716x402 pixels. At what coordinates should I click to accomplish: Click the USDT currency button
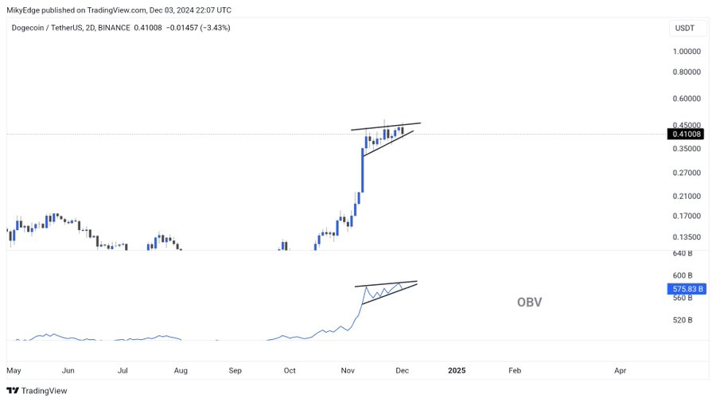pyautogui.click(x=684, y=28)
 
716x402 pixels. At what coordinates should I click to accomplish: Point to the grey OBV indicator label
pyautogui.click(x=529, y=302)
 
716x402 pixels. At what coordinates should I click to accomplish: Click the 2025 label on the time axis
pyautogui.click(x=457, y=371)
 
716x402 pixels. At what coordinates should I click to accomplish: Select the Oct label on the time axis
pyautogui.click(x=290, y=371)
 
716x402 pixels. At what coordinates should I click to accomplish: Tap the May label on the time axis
pyautogui.click(x=14, y=371)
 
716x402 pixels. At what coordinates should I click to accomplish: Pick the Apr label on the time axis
pyautogui.click(x=620, y=371)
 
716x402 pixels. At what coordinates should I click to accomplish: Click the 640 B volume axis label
pyautogui.click(x=682, y=253)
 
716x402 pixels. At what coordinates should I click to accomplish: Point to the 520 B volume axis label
pyautogui.click(x=682, y=320)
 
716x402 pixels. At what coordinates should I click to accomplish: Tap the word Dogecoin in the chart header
pyautogui.click(x=29, y=28)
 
